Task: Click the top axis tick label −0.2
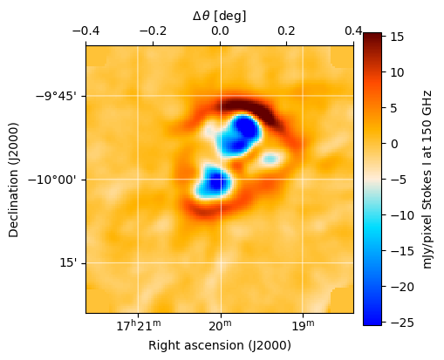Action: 153,31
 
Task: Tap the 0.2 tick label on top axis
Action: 287,31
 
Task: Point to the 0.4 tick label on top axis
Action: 353,31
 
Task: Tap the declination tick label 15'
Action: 68,263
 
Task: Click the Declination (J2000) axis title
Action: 15,179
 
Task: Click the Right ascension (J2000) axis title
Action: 219,345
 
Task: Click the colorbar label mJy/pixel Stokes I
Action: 428,179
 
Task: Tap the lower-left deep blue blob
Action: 214,182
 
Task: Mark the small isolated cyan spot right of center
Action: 270,159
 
